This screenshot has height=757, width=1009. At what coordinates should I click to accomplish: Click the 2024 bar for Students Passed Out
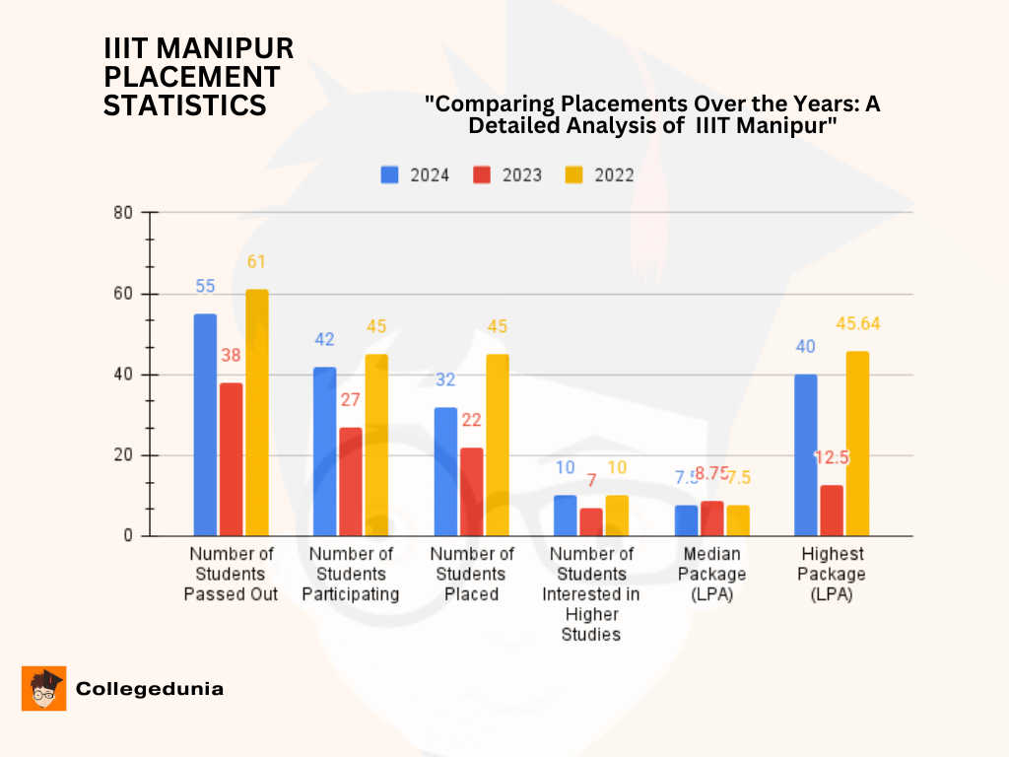click(x=205, y=425)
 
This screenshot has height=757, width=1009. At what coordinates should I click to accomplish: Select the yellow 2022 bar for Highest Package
click(x=857, y=444)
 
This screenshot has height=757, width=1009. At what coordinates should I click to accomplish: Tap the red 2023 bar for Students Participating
click(x=350, y=482)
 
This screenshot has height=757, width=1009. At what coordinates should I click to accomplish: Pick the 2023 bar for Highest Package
click(x=832, y=511)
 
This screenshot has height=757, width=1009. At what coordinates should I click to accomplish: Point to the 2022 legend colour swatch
click(x=574, y=175)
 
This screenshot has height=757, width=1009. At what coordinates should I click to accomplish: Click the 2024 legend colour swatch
click(x=390, y=175)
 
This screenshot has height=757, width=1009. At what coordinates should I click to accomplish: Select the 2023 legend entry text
click(x=522, y=175)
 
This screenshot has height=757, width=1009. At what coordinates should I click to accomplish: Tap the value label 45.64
click(x=859, y=324)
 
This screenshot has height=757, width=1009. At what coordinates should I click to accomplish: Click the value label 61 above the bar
click(x=256, y=262)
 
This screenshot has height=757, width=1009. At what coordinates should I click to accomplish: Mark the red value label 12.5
click(x=832, y=458)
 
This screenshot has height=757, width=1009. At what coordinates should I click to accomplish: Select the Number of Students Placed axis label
click(x=472, y=575)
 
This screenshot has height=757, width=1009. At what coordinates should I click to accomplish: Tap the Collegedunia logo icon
click(x=43, y=688)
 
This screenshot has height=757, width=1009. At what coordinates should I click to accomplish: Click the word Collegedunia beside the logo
click(x=150, y=689)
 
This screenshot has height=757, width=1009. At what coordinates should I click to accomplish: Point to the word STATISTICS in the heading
click(x=185, y=105)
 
